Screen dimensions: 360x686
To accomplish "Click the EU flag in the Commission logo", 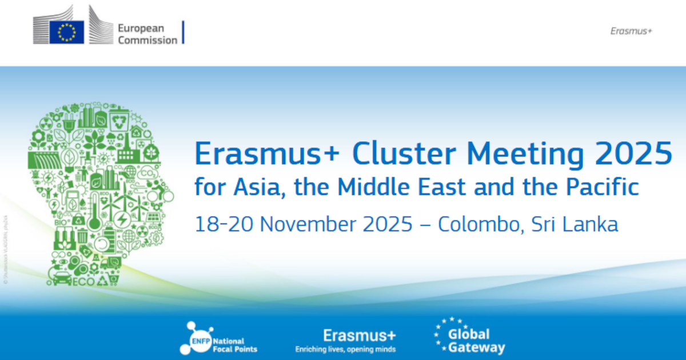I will click(x=66, y=32).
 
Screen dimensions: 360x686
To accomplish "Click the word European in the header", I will click(x=141, y=28).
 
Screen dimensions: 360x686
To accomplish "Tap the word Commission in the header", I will click(x=147, y=40).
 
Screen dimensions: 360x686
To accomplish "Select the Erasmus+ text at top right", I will click(x=631, y=31).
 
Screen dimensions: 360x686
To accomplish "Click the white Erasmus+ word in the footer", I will click(x=359, y=335).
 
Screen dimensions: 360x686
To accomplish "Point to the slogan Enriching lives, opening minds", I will click(x=345, y=349).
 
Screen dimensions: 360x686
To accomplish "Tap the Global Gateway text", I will click(x=476, y=341).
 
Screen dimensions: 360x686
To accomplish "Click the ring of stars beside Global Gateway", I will click(x=441, y=334).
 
